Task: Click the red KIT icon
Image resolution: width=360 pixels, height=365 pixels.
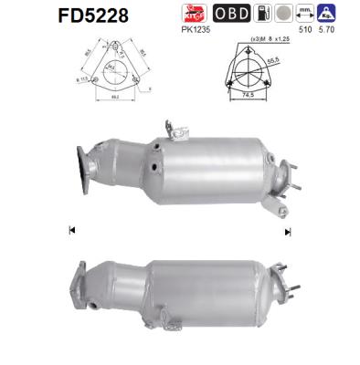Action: coord(194,13)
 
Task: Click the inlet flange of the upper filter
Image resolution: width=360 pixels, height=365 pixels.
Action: coord(87,163)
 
